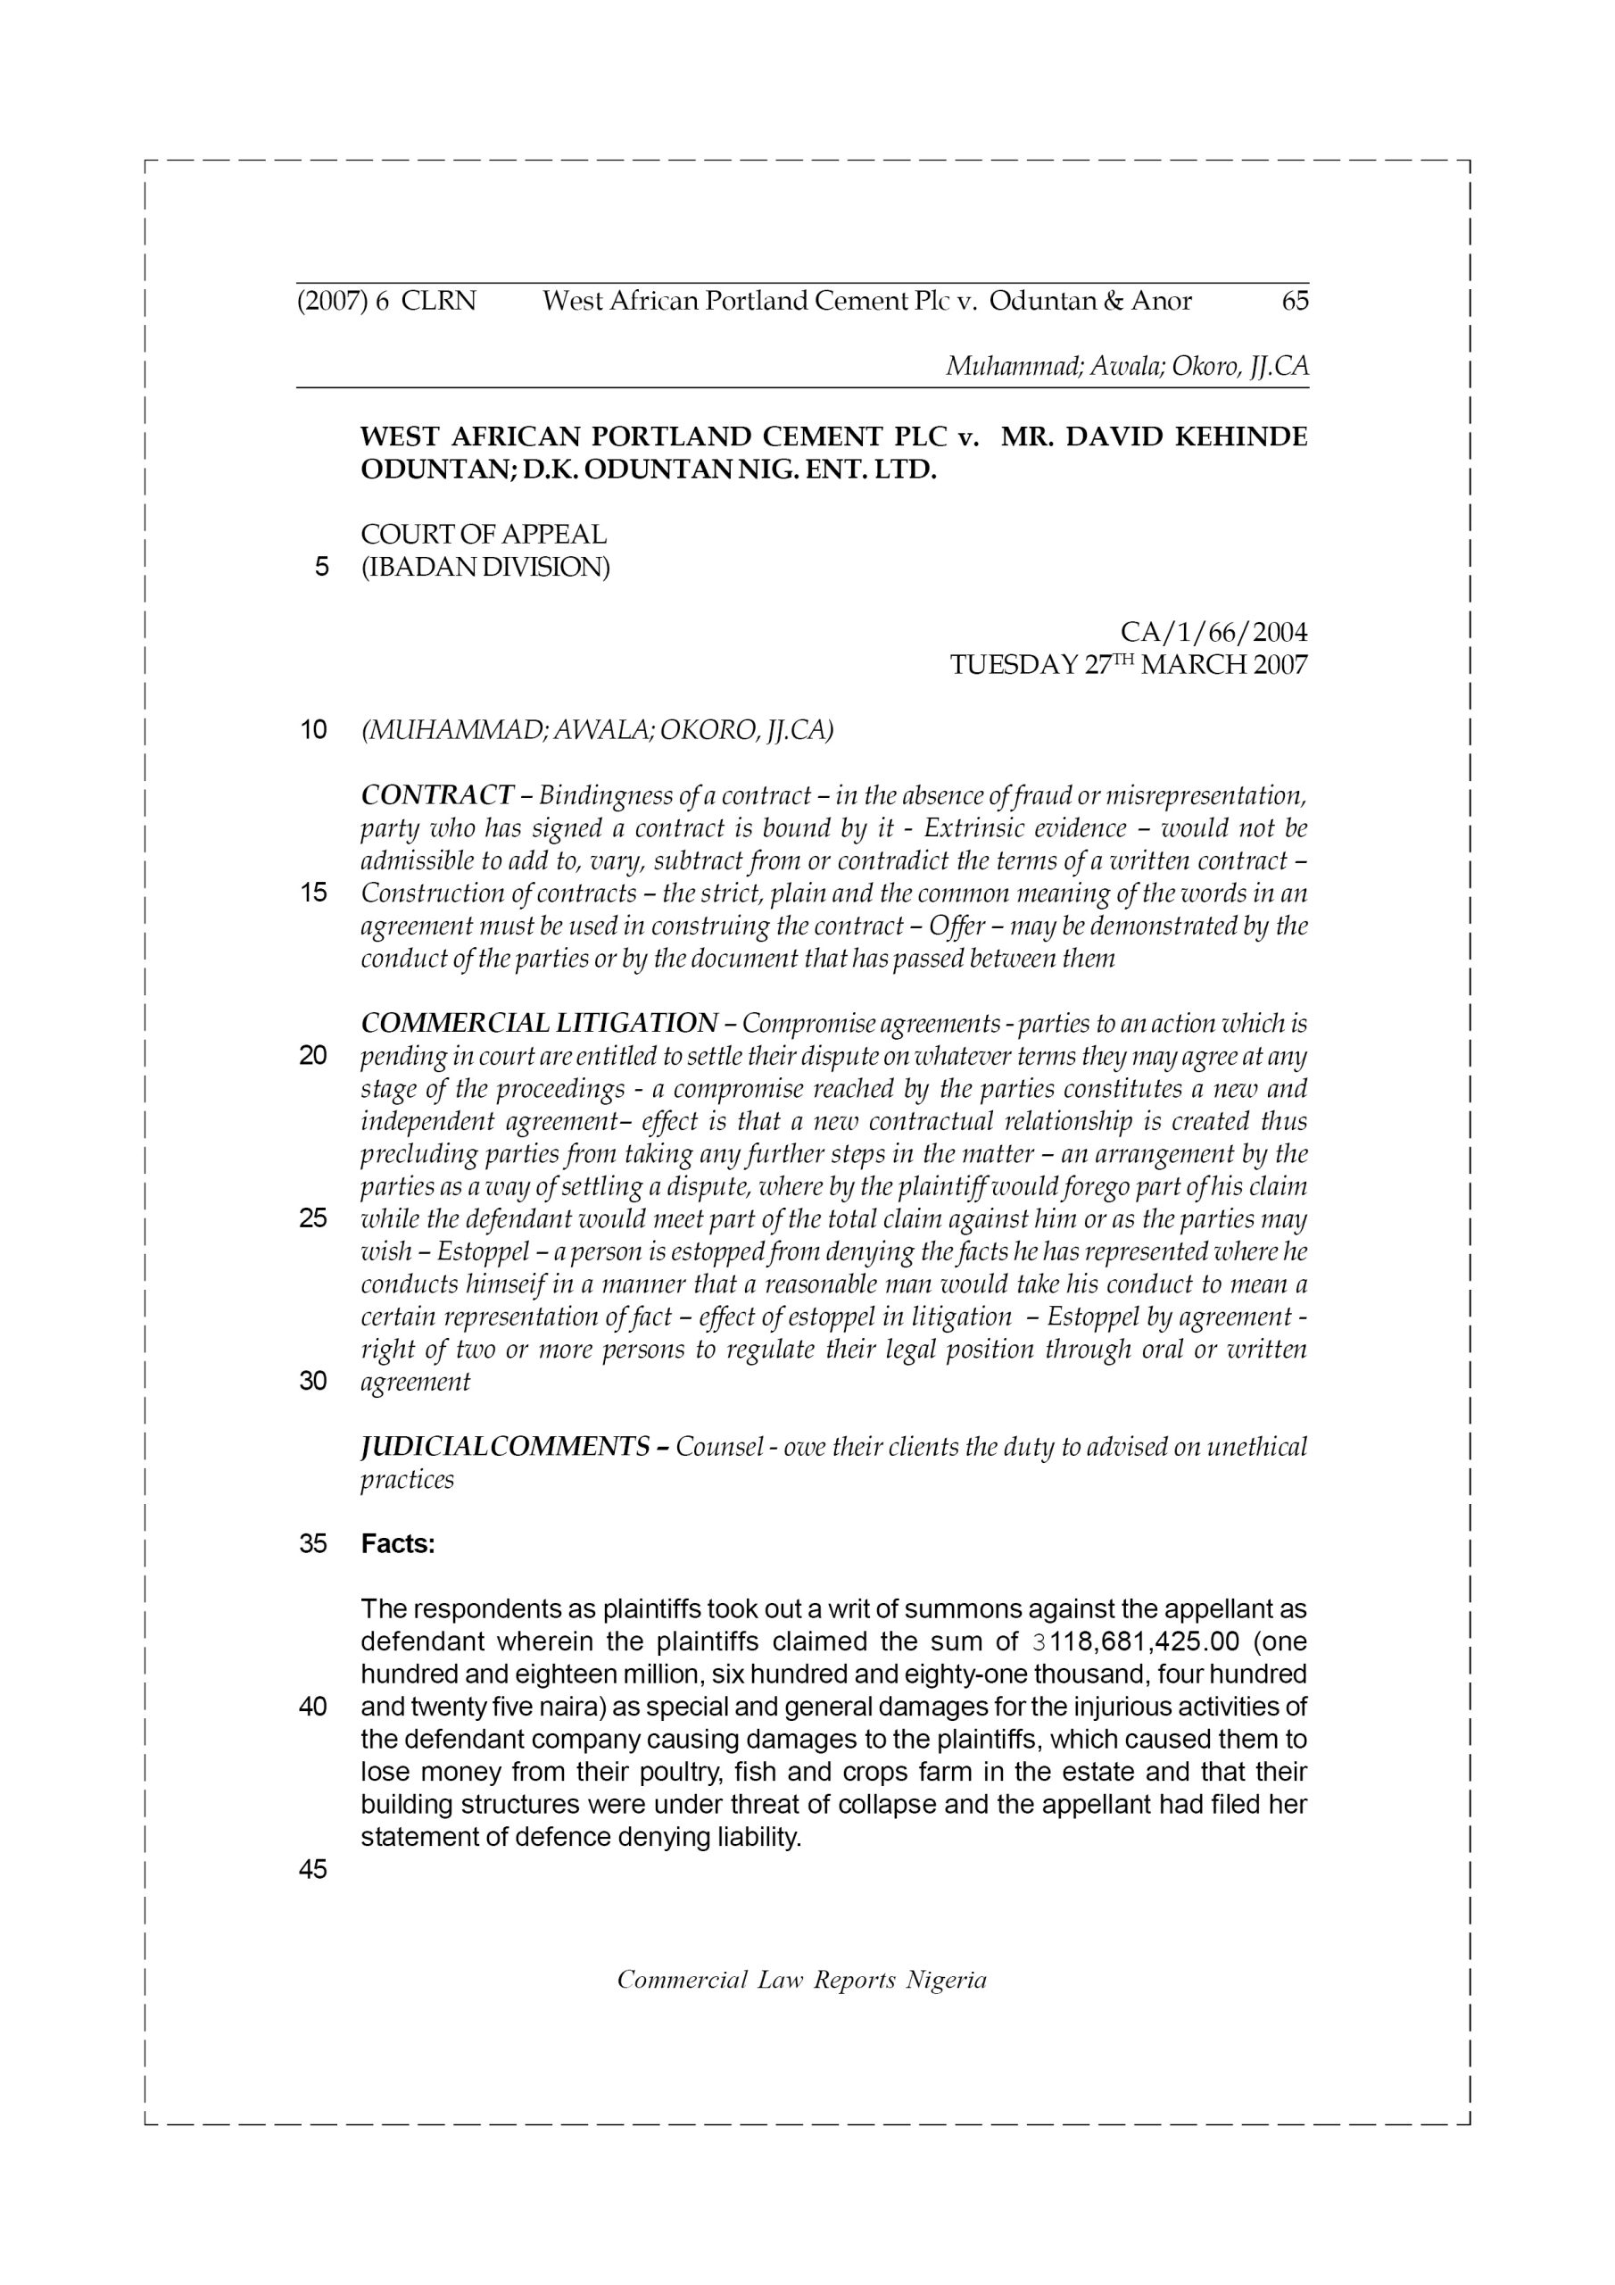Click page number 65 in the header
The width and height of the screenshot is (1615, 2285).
[1295, 301]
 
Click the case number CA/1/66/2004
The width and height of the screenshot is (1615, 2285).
[1213, 632]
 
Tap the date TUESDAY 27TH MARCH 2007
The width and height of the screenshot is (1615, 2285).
[1129, 665]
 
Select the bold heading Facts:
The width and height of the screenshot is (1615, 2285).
[398, 1543]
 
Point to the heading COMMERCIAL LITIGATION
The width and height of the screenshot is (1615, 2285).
[538, 1023]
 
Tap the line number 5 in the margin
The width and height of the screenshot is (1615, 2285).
[320, 568]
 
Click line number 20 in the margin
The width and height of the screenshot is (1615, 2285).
[313, 1056]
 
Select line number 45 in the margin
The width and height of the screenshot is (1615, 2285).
[313, 1870]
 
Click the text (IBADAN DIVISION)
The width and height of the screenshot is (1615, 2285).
[484, 568]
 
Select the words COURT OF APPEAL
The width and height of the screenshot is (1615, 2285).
[484, 535]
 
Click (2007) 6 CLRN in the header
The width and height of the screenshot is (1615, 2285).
[386, 301]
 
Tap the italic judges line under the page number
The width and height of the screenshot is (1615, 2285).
[1126, 366]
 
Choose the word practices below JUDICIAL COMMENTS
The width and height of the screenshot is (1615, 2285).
[407, 1479]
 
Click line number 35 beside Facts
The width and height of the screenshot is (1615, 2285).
[313, 1543]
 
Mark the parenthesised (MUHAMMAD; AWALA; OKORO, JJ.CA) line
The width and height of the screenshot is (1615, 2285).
[597, 730]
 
